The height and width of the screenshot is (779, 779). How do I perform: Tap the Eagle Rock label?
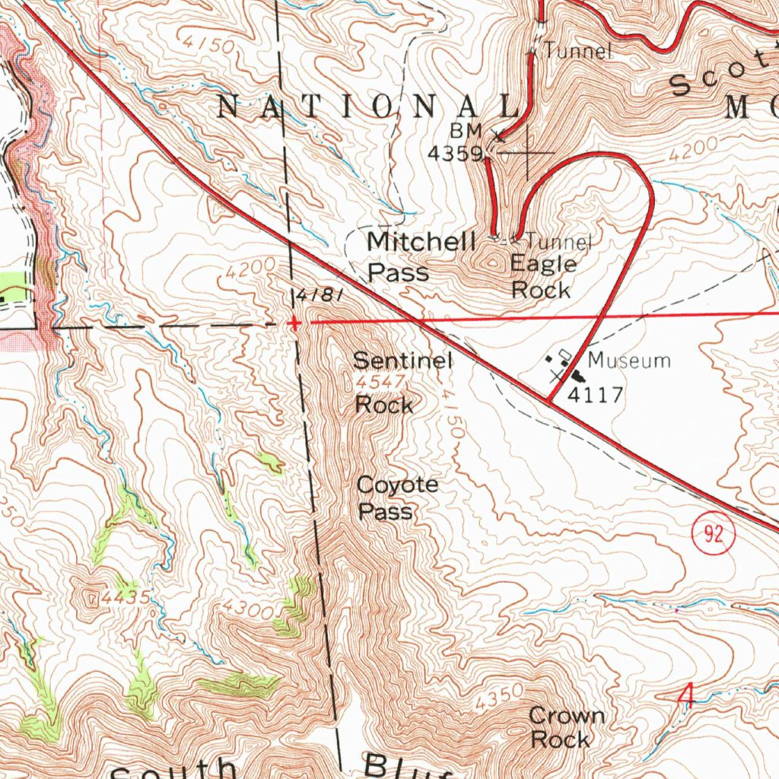(x=542, y=277)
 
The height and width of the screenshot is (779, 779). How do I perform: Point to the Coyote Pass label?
(x=397, y=498)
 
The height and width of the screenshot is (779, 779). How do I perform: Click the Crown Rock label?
(x=566, y=727)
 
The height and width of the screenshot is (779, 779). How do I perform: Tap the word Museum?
(x=629, y=360)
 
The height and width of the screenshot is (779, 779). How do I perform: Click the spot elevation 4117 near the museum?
(x=596, y=395)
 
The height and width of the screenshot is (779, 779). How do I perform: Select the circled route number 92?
(x=714, y=536)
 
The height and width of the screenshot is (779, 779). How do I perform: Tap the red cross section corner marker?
(x=294, y=323)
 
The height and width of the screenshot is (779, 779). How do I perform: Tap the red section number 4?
(x=687, y=695)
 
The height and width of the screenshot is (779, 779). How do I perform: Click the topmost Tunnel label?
(x=577, y=52)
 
